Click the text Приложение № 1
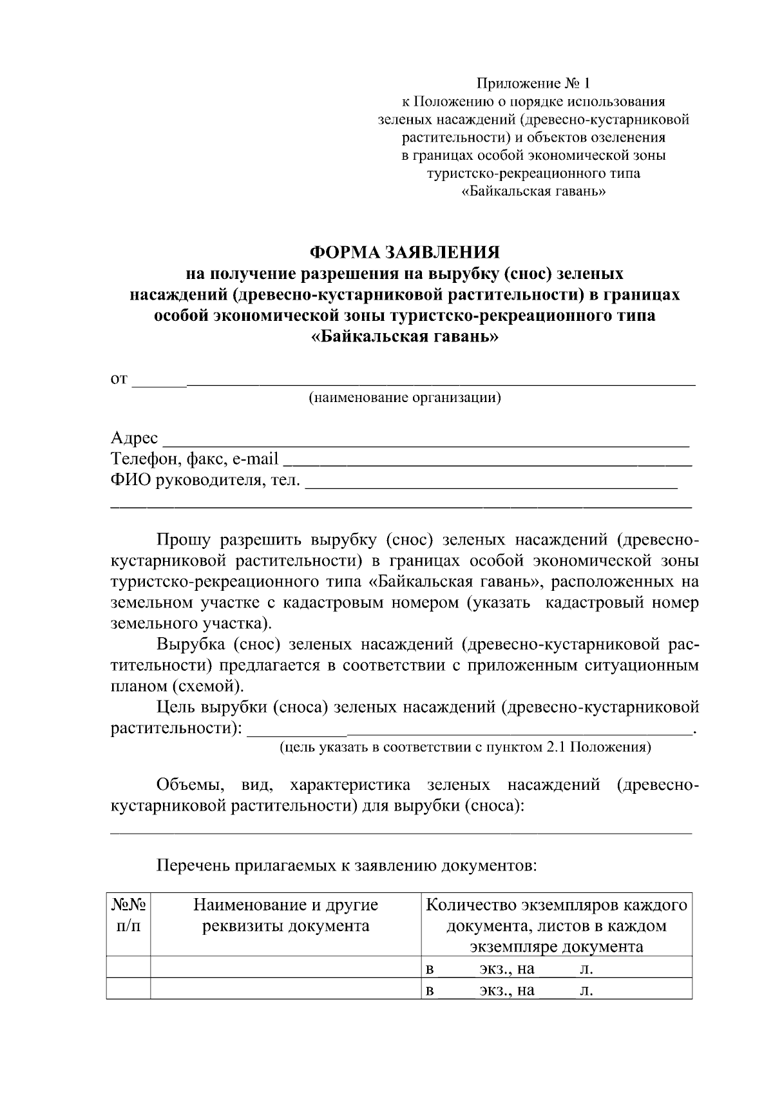click(x=533, y=83)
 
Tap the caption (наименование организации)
click(x=405, y=398)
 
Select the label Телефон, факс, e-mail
click(x=195, y=459)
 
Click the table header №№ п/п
click(x=129, y=916)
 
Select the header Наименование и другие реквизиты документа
click(x=286, y=916)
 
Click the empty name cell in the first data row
click(x=286, y=968)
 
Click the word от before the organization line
click(x=119, y=379)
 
